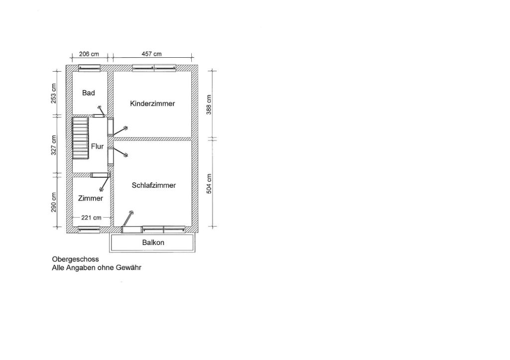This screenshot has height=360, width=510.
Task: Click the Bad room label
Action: click(89, 93)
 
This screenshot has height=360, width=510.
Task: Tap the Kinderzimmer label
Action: click(152, 104)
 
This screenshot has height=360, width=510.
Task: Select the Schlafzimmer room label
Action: click(154, 185)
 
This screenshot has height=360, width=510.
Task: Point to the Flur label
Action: click(97, 146)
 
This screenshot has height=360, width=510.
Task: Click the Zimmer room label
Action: click(91, 198)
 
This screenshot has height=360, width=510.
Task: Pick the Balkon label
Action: click(153, 242)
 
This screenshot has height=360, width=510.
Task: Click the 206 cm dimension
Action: click(89, 54)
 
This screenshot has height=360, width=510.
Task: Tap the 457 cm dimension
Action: click(151, 54)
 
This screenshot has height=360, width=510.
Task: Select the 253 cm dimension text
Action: click(54, 93)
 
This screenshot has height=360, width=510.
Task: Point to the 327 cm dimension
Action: click(54, 145)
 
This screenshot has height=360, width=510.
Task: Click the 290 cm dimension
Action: click(54, 202)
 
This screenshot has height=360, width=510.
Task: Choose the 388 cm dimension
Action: click(209, 105)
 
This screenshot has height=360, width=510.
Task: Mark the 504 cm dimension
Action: click(209, 184)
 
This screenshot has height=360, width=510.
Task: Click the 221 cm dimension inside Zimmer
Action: click(91, 218)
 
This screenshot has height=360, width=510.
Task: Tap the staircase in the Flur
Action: click(80, 138)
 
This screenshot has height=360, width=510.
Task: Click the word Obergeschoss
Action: click(75, 259)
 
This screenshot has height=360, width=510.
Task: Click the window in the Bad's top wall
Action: click(90, 68)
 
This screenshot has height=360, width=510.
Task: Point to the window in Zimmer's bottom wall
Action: click(89, 230)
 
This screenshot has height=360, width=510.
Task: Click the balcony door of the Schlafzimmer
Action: click(131, 230)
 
